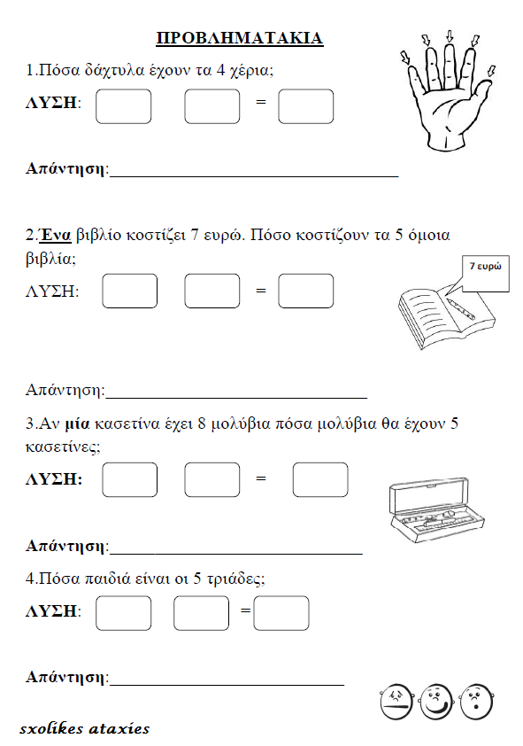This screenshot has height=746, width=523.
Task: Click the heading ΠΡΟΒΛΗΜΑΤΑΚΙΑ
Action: pos(239,38)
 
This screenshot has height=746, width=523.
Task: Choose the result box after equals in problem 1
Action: pos(305,106)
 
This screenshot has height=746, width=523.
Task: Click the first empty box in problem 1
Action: pos(123,106)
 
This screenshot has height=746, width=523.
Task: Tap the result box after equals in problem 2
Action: pos(305,291)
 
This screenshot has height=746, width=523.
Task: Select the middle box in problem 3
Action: pos(212,479)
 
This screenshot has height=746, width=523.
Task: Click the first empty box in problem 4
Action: pos(123,612)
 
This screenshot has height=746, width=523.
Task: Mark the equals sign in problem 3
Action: pos(260,479)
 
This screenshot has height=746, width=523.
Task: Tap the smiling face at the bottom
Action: pos(435,702)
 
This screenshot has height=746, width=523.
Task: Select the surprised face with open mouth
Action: pos(475,702)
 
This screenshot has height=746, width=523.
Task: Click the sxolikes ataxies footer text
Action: pos(84,729)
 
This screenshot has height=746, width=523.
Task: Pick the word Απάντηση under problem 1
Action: pos(65,167)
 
